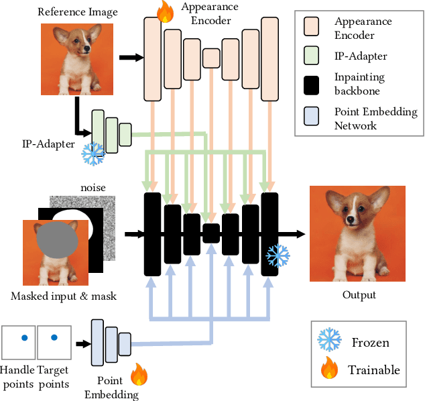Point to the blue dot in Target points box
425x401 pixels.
tap(54, 338)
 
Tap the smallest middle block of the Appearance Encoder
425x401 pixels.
tap(211, 58)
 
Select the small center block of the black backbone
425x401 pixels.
tap(211, 233)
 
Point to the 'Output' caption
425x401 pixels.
tap(359, 295)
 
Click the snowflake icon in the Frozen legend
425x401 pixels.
tap(328, 342)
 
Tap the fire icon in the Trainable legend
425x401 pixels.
tap(328, 369)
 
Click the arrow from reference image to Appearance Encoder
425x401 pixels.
tap(134, 58)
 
